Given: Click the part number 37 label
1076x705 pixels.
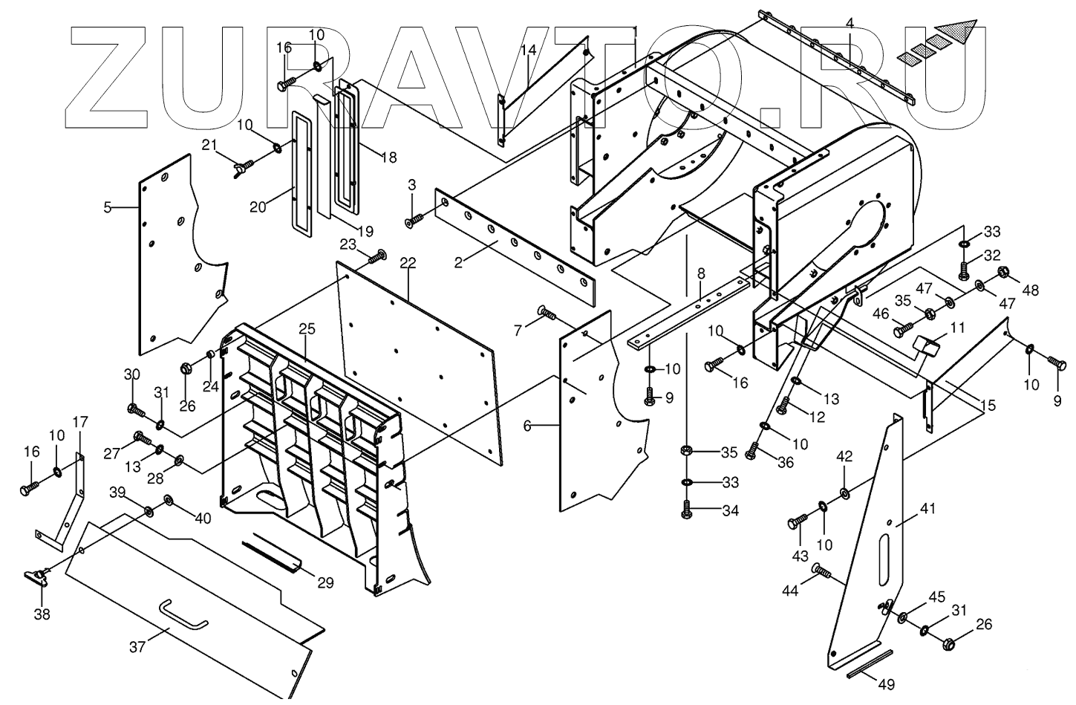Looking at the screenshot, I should click(137, 647).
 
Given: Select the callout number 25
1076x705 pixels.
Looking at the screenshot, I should click(307, 328).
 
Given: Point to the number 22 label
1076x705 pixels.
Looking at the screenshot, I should click(408, 263).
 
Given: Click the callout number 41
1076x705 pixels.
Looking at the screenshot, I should click(927, 510).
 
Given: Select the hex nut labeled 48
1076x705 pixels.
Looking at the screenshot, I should click(1003, 272).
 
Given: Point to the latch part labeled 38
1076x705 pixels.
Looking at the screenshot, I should click(36, 576).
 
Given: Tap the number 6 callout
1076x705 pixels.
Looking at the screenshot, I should click(527, 426).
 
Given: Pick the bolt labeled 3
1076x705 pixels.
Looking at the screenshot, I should click(414, 220).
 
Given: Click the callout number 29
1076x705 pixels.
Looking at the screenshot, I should click(325, 583).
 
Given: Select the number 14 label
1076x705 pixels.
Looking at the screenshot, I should click(528, 51).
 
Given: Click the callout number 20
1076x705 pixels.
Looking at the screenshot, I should click(258, 208).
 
